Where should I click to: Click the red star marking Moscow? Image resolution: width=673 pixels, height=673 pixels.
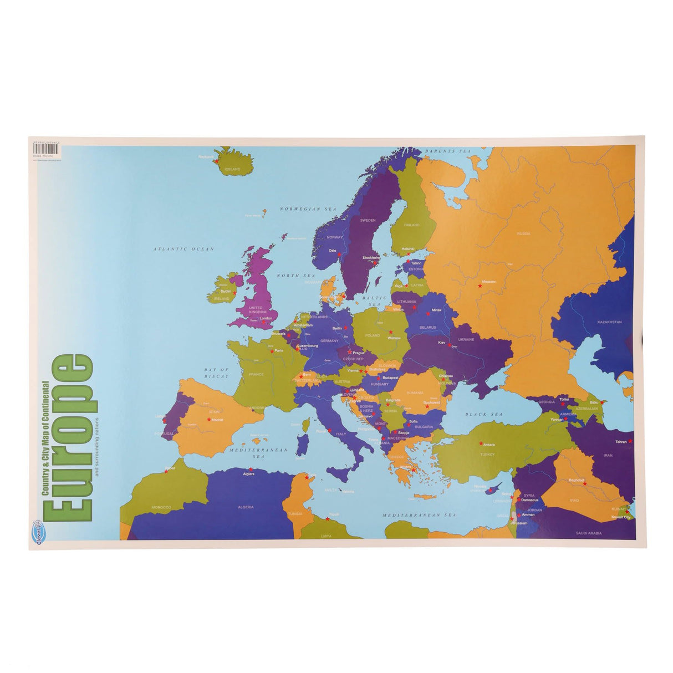click(x=480, y=286)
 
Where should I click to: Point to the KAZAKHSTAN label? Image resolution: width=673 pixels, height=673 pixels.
click(x=609, y=322)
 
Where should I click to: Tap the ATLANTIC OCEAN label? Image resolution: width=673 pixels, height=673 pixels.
click(x=183, y=249)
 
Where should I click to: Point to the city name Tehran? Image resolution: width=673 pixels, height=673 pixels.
click(x=620, y=442)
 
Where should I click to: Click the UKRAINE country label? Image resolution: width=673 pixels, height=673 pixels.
click(x=466, y=339)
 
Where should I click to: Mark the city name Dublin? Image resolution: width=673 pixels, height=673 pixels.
click(x=226, y=290)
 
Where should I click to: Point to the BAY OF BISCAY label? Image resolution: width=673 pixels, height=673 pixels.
click(x=216, y=373)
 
